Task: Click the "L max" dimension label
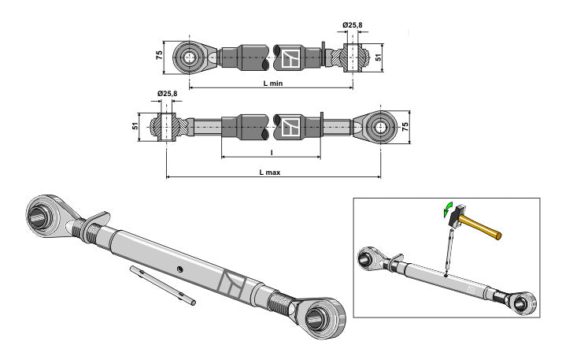coord(273,171)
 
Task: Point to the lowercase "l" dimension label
coord(270,152)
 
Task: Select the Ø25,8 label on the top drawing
coord(352,26)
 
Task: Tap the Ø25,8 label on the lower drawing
coord(167,94)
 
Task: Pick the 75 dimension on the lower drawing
coord(406,126)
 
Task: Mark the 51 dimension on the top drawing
coord(378,57)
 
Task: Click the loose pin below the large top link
coord(163,285)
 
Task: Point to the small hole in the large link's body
coord(180,269)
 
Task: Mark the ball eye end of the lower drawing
coord(379,126)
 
